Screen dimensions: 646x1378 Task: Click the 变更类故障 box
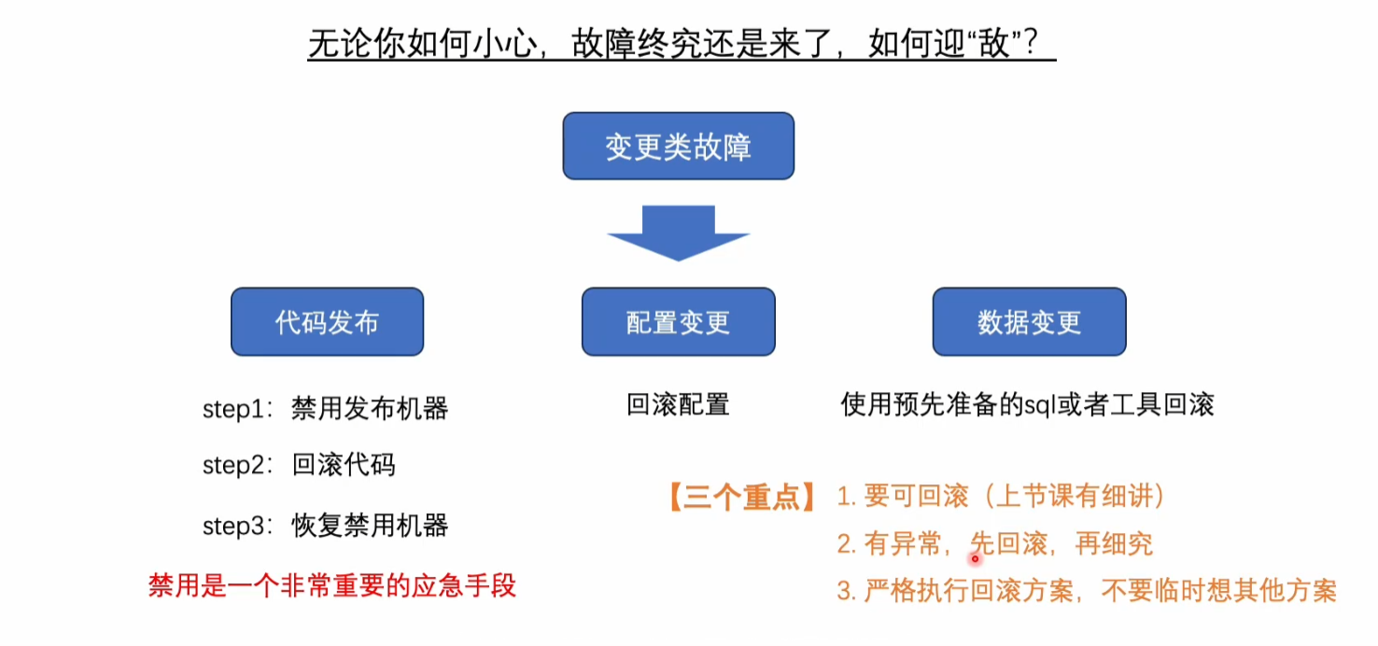tap(678, 147)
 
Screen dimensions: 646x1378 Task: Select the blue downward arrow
tap(679, 232)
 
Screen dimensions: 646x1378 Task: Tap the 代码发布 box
tap(327, 322)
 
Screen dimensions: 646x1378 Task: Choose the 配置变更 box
tap(678, 322)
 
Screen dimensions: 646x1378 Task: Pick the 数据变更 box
tap(1029, 322)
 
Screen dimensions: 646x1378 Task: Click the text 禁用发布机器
tap(370, 409)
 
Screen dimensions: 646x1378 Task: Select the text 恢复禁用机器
tap(370, 527)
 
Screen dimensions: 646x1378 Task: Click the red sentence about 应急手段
tap(331, 586)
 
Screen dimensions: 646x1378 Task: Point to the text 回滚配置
tap(678, 405)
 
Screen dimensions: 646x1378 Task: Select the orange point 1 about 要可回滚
tap(1001, 497)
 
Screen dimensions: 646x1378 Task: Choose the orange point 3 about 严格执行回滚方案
tap(1087, 591)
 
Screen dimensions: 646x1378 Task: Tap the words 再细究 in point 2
tap(1115, 544)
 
